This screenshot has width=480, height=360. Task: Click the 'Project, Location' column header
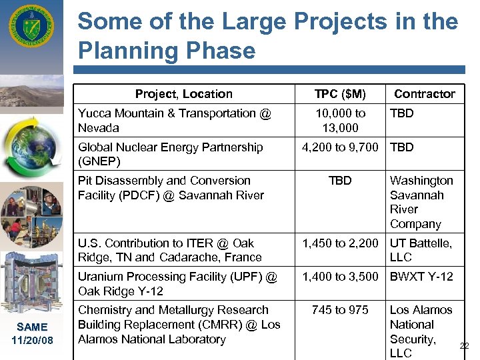pyautogui.click(x=183, y=94)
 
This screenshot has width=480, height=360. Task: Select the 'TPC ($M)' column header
pyautogui.click(x=340, y=94)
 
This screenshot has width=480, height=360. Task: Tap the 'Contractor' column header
pyautogui.click(x=425, y=94)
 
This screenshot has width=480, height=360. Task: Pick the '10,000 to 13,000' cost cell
pyautogui.click(x=340, y=121)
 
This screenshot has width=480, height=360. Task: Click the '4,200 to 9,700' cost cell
pyautogui.click(x=340, y=147)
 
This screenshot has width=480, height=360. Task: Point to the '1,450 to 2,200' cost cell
pyautogui.click(x=340, y=243)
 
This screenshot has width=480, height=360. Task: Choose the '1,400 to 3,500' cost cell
pyautogui.click(x=340, y=277)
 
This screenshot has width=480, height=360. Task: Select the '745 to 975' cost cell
pyautogui.click(x=340, y=310)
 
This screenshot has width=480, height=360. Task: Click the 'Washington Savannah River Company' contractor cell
pyautogui.click(x=421, y=202)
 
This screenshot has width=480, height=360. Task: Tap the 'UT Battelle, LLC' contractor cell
pyautogui.click(x=421, y=250)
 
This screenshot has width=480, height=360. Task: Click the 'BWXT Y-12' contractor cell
pyautogui.click(x=421, y=277)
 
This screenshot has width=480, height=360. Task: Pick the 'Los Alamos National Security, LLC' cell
pyautogui.click(x=421, y=331)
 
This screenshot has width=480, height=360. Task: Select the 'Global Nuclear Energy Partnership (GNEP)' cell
pyautogui.click(x=171, y=154)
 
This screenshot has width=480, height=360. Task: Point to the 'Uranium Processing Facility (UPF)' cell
pyautogui.click(x=177, y=283)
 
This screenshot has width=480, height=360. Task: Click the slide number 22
pyautogui.click(x=465, y=345)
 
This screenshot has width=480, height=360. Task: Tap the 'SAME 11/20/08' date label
pyautogui.click(x=32, y=333)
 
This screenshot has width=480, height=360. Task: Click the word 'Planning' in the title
pyautogui.click(x=130, y=51)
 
